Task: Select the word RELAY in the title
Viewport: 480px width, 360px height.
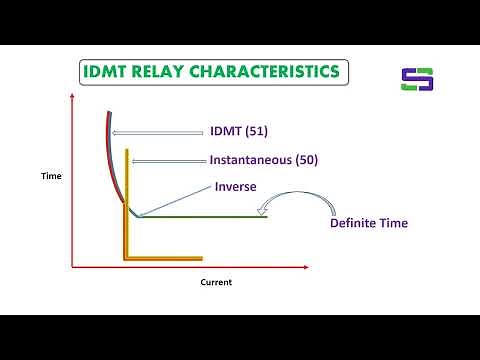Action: (x=161, y=72)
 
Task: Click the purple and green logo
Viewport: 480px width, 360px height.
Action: (x=417, y=80)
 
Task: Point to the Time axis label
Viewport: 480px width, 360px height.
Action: (x=51, y=176)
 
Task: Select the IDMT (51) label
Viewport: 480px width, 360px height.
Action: (x=239, y=131)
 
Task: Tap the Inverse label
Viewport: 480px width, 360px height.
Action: (x=237, y=186)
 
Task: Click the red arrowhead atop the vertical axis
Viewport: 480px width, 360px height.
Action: (x=72, y=96)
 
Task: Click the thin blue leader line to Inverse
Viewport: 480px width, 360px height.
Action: (x=175, y=201)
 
